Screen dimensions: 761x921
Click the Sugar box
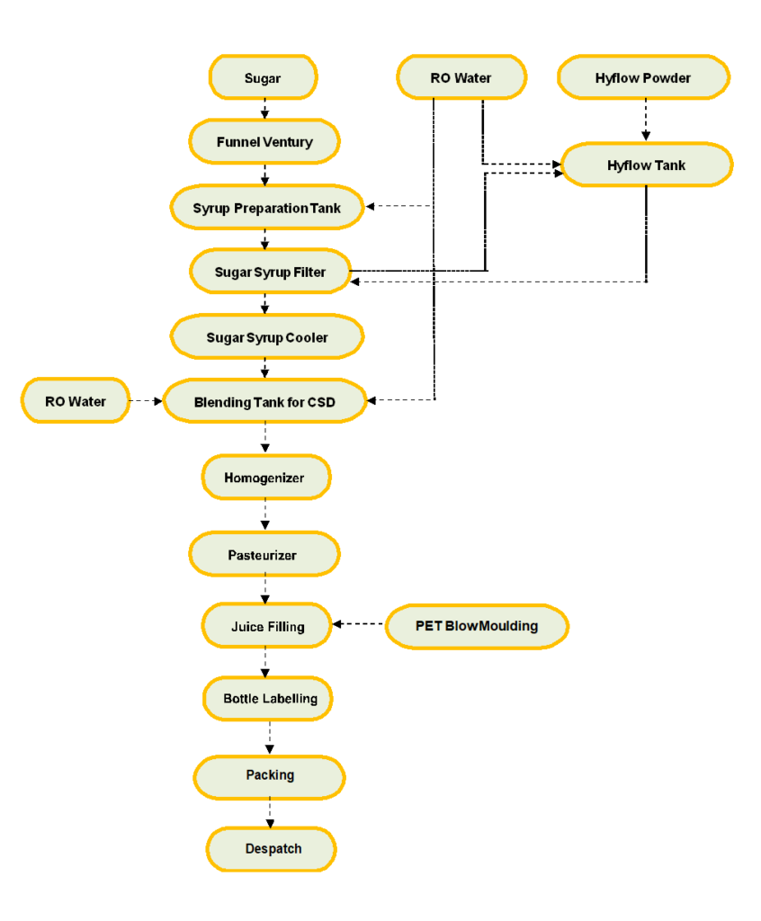[x=264, y=77]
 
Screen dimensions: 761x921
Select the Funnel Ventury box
[x=264, y=141]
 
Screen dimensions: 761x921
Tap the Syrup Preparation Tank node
[x=267, y=208]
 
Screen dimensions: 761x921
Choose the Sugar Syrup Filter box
[x=271, y=272]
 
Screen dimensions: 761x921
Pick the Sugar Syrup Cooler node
[x=267, y=337]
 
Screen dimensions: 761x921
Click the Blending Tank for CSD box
[x=265, y=401]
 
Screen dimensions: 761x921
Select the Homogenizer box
[x=266, y=478]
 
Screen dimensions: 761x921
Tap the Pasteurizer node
[x=264, y=554]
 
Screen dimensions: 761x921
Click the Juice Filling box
[x=267, y=626]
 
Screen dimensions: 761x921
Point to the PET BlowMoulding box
[x=477, y=626]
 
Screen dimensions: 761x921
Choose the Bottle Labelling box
[x=268, y=698]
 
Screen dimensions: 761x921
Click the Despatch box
[x=271, y=849]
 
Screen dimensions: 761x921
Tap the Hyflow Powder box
[x=643, y=77]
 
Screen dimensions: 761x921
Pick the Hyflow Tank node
[x=647, y=165]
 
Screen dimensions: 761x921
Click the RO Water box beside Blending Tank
[x=76, y=400]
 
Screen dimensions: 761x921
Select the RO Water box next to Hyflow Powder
[x=461, y=77]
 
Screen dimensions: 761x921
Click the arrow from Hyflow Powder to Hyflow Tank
[x=646, y=120]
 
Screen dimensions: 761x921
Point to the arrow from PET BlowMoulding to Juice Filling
[x=358, y=624]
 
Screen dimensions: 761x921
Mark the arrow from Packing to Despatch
[x=270, y=813]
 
